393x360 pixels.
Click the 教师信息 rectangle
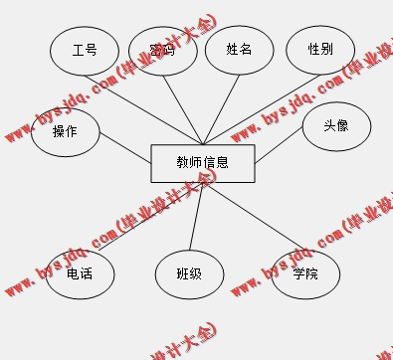tap(203, 163)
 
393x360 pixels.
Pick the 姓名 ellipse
tap(239, 49)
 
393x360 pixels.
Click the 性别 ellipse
tap(319, 49)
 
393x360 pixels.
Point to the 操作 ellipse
tap(66, 131)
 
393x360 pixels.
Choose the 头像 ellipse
tap(336, 127)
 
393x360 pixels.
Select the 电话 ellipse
tap(80, 273)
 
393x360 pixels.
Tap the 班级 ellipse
tap(189, 273)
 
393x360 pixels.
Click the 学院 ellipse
tap(305, 273)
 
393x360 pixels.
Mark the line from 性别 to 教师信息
tap(259, 109)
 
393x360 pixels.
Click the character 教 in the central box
tap(182, 162)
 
